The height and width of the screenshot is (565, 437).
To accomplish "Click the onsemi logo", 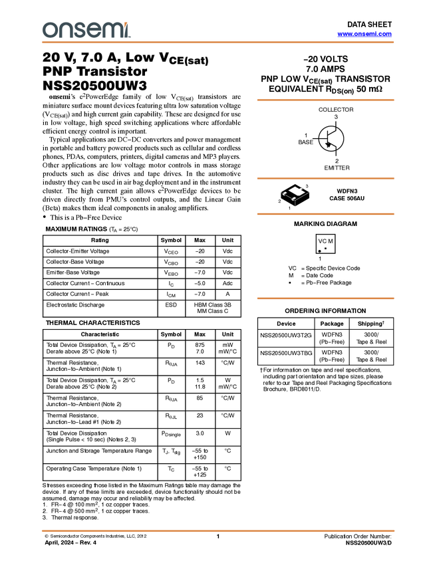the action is (x=86, y=30).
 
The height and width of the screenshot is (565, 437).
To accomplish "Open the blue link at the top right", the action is (x=364, y=34).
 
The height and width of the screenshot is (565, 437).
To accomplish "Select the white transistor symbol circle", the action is (x=331, y=138).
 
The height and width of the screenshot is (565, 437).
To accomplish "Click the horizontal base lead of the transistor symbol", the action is (x=321, y=138).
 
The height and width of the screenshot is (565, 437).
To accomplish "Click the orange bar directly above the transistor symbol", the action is (x=325, y=100).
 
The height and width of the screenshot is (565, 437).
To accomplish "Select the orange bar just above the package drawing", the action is (x=325, y=178).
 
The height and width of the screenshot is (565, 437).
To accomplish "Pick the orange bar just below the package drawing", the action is (x=325, y=214).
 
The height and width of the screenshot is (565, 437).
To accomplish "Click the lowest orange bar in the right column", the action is (x=325, y=298).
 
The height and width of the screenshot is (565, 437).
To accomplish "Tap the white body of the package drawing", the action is (x=296, y=191).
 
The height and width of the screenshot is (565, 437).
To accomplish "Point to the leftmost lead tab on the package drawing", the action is (x=281, y=193).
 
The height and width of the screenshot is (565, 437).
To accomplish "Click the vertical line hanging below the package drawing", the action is (x=295, y=203).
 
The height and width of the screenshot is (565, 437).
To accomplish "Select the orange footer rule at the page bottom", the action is (x=218, y=531).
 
